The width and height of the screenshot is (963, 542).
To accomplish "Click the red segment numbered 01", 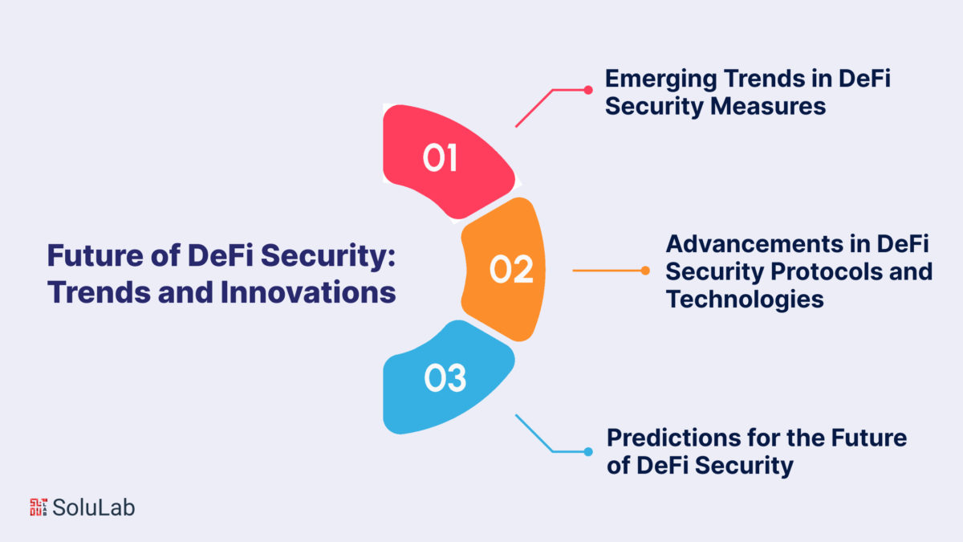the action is [447, 161].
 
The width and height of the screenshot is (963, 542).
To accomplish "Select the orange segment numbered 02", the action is [503, 269].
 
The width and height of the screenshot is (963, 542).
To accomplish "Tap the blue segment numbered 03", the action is [447, 377].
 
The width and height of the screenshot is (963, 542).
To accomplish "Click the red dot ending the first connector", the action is [588, 90].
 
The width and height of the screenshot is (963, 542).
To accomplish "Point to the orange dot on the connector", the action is [645, 271].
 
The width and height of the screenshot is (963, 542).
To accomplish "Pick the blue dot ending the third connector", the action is [588, 451].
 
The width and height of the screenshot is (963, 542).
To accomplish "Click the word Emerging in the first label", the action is [660, 80].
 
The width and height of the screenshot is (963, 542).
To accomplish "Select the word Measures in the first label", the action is [768, 106].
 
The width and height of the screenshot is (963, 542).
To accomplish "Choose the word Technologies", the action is [745, 300].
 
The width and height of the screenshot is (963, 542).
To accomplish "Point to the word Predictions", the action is [673, 438].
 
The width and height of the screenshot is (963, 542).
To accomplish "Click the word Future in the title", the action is [95, 255].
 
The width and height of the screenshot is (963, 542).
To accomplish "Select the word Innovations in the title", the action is [308, 292].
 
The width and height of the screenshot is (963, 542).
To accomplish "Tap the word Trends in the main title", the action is [100, 292].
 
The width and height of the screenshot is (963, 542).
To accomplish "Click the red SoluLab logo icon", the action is [39, 507].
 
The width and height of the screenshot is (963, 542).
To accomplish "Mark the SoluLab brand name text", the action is [93, 507].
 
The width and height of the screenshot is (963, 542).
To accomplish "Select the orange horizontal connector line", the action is [608, 271].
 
